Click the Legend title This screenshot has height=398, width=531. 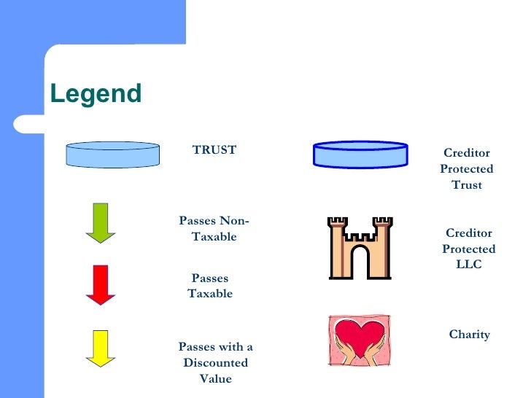click(x=95, y=94)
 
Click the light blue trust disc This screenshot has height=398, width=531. click(x=112, y=155)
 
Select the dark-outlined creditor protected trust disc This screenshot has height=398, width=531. click(x=360, y=155)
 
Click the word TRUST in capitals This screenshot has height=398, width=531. click(x=214, y=150)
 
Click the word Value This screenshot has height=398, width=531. click(x=215, y=378)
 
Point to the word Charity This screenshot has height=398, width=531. click(x=469, y=335)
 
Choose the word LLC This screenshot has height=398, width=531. click(x=468, y=265)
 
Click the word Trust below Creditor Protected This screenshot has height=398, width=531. click(x=467, y=184)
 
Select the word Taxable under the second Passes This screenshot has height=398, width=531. click(x=210, y=294)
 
